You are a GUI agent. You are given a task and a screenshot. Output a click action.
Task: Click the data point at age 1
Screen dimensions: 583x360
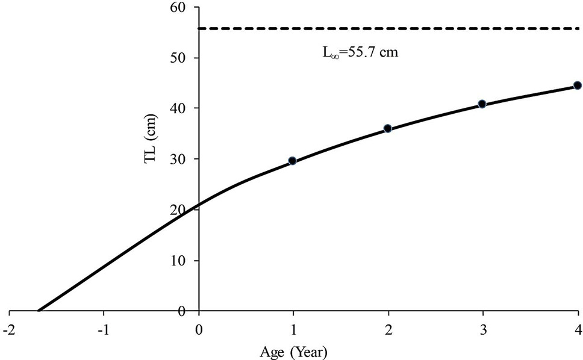292,161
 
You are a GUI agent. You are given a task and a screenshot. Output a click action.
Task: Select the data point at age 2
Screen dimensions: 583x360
387,129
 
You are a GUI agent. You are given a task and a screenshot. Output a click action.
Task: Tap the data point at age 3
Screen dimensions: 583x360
482,104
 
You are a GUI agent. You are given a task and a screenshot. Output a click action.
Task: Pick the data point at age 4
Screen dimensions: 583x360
578,85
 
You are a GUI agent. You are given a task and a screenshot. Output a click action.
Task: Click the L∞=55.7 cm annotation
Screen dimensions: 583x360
360,52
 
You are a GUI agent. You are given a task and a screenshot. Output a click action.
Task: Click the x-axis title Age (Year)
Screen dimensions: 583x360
293,352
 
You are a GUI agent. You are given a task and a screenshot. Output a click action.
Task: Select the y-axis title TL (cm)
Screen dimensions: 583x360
151,138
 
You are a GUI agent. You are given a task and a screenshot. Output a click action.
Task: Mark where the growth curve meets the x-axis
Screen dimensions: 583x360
39,311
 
